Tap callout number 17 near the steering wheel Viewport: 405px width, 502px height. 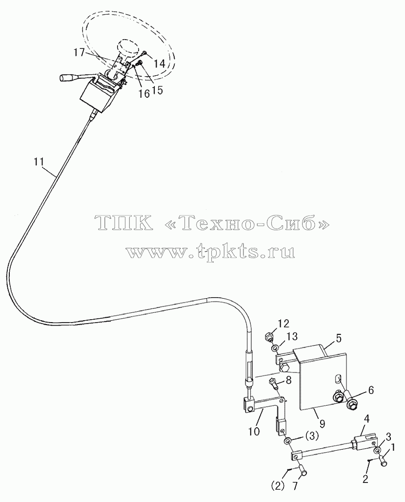coord(80,52)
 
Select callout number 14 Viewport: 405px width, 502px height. coord(159,64)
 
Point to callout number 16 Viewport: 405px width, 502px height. coord(144,93)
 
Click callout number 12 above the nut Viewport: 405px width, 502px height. coord(283,324)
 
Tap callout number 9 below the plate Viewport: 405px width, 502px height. coord(322,424)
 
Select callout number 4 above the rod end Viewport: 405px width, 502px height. coord(366,427)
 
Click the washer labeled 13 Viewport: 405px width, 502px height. coord(275,348)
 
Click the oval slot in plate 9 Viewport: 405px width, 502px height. coord(336,379)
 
